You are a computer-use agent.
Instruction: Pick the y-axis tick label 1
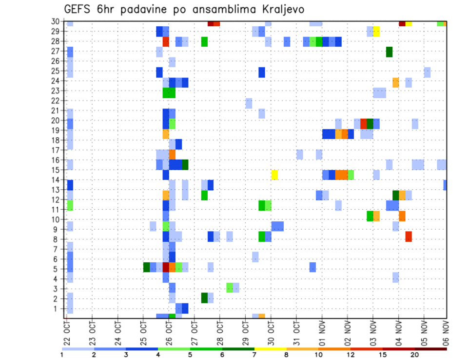tap(57, 308)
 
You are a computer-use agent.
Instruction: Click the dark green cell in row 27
tap(389, 52)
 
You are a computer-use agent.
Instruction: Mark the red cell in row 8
tap(409, 236)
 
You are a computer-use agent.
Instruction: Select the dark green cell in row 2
tap(204, 297)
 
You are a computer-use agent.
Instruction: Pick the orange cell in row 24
tap(395, 82)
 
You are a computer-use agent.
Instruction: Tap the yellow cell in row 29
tap(376, 32)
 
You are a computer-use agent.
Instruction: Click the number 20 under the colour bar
tap(414, 355)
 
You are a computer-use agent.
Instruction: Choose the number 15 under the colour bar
tap(383, 355)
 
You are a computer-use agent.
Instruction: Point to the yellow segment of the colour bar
tap(271, 349)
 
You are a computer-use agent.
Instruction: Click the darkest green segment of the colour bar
tap(238, 349)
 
